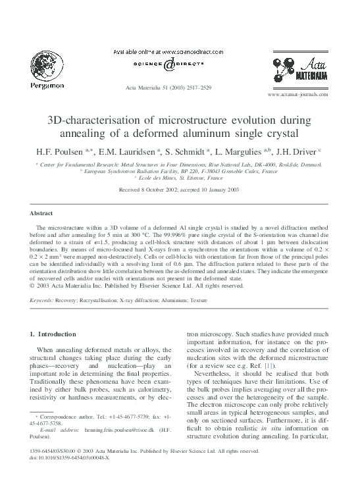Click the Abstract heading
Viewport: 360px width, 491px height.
click(x=41, y=213)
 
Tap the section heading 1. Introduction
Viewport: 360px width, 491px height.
click(x=58, y=334)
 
